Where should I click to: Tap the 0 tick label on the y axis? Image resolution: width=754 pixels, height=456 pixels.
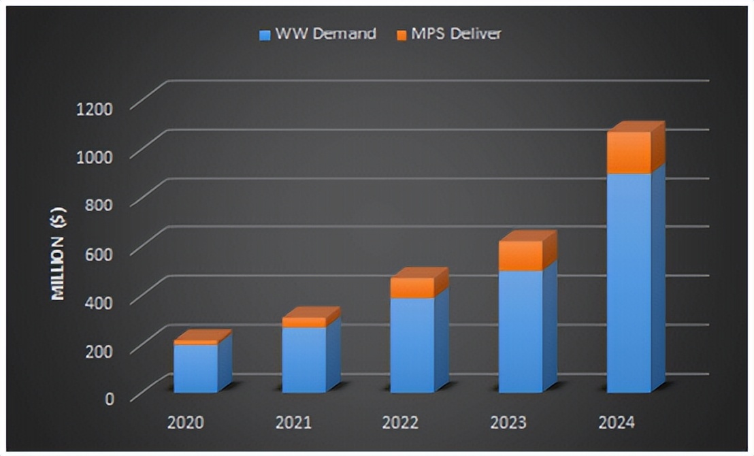point(110,398)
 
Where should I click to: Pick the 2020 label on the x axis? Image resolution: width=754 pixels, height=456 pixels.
point(185,423)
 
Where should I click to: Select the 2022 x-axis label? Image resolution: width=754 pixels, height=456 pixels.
point(401,423)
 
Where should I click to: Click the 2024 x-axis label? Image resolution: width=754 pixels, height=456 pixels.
point(617,423)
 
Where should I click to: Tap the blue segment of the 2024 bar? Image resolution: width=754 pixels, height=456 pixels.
point(629,282)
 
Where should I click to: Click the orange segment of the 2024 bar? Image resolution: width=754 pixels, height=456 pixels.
point(629,152)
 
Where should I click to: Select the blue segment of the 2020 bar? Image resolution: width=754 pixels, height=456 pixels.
point(196,368)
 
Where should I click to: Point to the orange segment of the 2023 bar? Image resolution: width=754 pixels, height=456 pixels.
point(521,256)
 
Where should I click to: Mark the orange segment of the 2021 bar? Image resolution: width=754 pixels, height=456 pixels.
point(304,322)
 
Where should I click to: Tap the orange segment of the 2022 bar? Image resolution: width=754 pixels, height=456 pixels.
point(412,288)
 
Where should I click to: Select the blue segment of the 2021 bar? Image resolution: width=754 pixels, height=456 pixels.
point(304,359)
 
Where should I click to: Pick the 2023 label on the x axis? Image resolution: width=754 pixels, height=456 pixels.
point(508,423)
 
